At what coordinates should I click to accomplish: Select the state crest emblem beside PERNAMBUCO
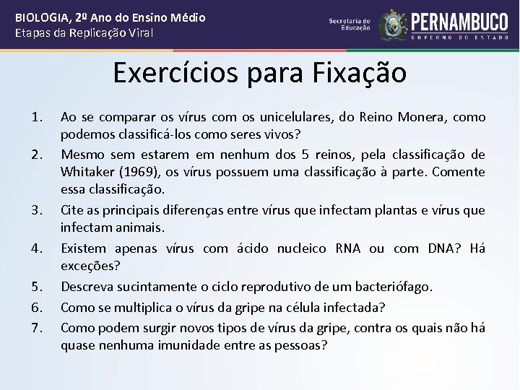click(394, 25)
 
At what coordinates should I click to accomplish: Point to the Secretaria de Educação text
click(350, 25)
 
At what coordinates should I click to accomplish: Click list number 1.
click(38, 117)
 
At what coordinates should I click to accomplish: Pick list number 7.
click(38, 328)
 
